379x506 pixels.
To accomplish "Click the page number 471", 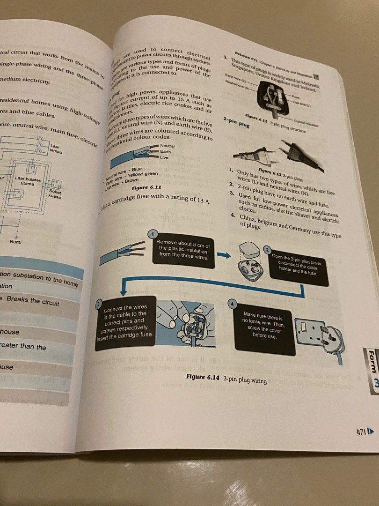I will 361,431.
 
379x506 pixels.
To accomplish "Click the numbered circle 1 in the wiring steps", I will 152,234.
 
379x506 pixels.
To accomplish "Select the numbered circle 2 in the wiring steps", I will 268,250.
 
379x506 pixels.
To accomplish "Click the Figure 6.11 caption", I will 146,187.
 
